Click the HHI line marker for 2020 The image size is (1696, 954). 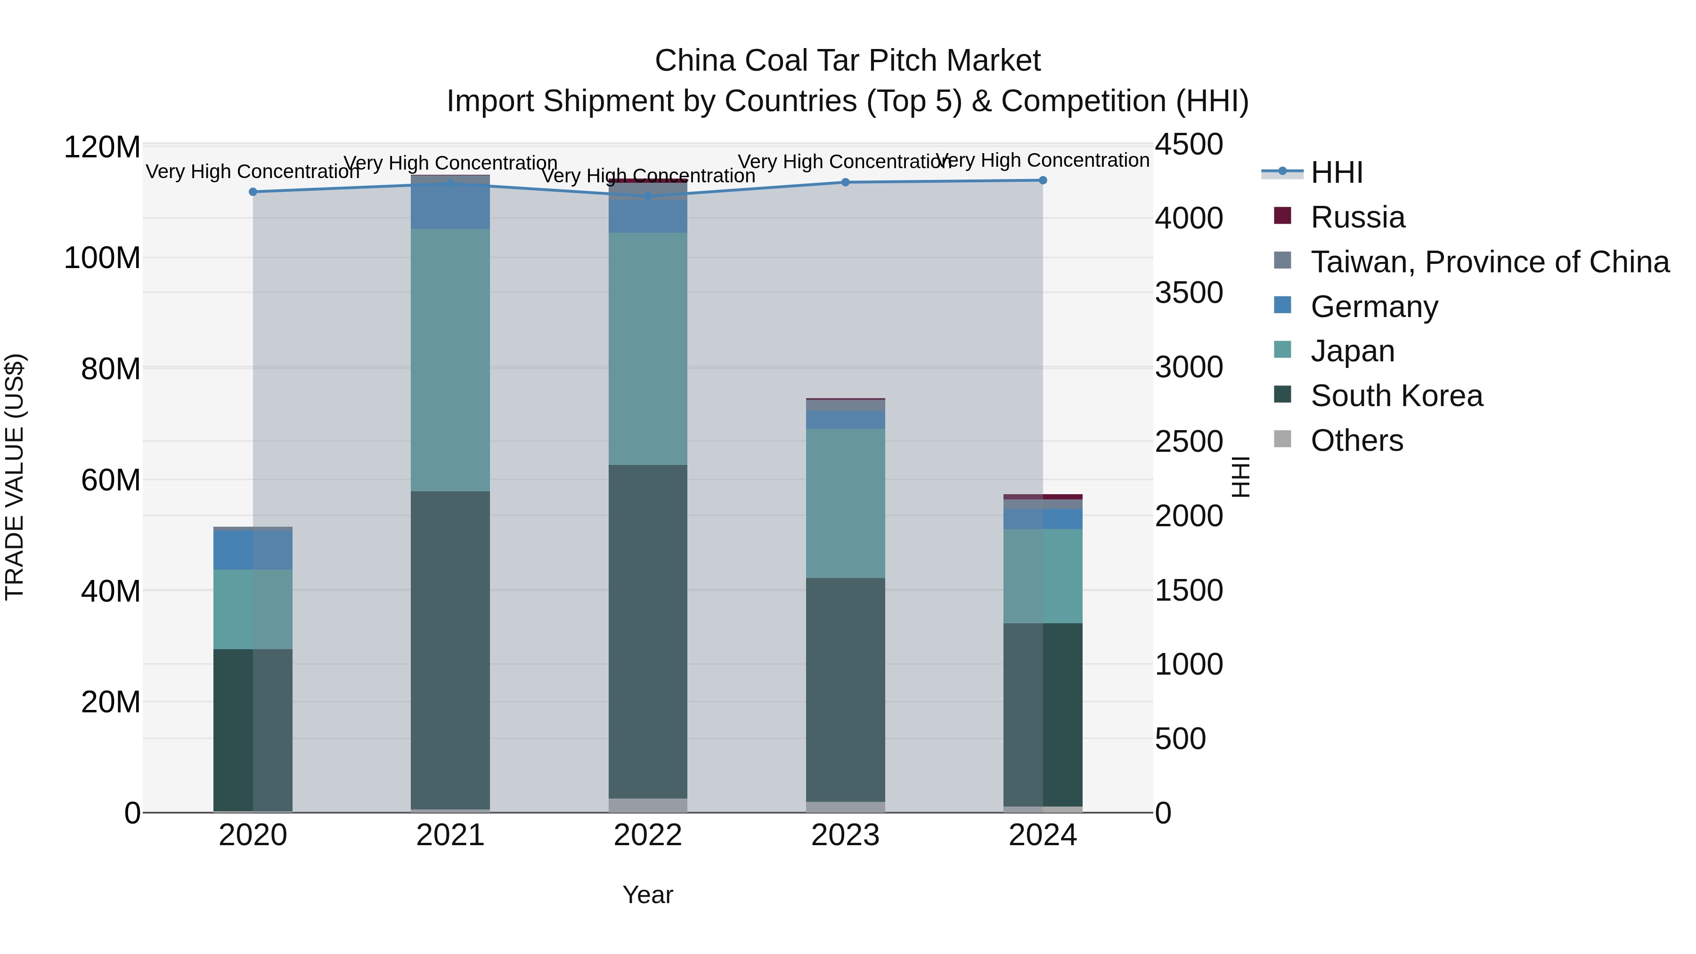253,192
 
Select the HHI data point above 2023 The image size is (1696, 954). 845,182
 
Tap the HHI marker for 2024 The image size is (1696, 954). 1043,180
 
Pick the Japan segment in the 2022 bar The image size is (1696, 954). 648,349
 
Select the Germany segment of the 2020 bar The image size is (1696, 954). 253,550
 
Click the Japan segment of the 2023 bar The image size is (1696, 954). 845,504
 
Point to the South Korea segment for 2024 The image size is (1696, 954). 1043,714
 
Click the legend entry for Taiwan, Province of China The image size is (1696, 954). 1489,262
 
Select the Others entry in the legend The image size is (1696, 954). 1356,440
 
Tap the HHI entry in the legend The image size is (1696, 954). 1336,172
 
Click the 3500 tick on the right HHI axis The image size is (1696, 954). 1189,293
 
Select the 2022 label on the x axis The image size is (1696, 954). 648,835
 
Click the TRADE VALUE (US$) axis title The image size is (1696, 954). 15,477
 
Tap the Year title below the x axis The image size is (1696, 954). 648,895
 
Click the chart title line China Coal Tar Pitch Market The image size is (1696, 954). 848,61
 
